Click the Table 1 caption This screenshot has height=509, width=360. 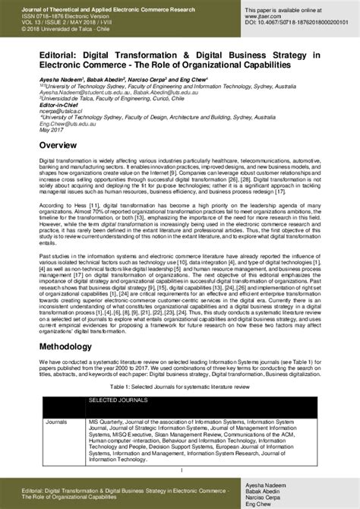pos(180,387)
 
